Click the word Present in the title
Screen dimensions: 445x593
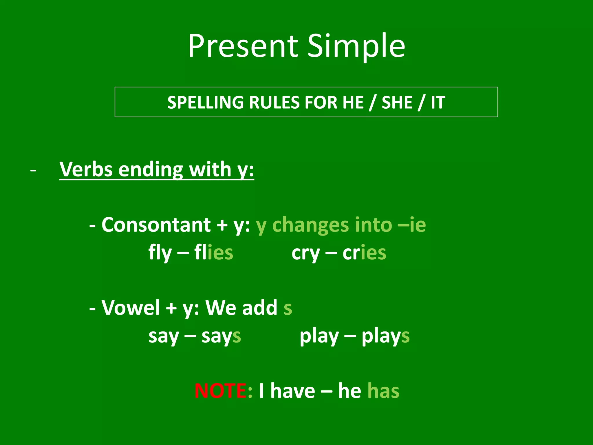[x=243, y=46]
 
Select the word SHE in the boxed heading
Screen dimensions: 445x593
[x=397, y=102]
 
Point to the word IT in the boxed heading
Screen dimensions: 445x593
[x=438, y=102]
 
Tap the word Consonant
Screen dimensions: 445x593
[x=156, y=225]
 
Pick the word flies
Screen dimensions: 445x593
[x=214, y=252]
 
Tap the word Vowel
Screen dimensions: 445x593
[x=131, y=307]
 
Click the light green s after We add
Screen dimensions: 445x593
[x=288, y=308]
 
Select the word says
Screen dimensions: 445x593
[x=221, y=336]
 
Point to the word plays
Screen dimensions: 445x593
[x=385, y=336]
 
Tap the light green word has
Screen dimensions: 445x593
[x=383, y=391]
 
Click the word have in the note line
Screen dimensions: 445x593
[x=292, y=391]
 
